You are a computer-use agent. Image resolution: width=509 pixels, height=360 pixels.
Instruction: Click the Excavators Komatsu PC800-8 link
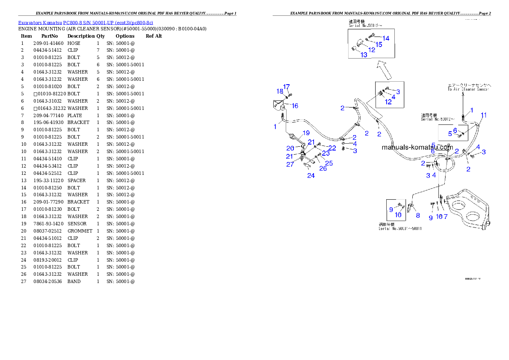[x=86, y=23]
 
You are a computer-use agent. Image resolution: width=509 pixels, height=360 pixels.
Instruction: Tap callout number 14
[x=386, y=38]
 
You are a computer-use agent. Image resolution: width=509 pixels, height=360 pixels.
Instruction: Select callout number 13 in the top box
[x=364, y=55]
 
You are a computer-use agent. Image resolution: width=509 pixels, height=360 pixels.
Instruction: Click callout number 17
[x=286, y=86]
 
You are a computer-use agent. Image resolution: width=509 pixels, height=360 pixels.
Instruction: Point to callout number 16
[x=295, y=106]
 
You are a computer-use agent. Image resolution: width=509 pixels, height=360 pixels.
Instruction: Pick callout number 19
[x=306, y=133]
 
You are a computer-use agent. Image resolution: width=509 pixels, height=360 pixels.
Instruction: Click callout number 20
[x=290, y=148]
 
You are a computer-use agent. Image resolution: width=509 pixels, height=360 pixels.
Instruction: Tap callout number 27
[x=290, y=164]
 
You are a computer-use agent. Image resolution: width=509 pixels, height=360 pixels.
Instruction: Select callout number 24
[x=311, y=175]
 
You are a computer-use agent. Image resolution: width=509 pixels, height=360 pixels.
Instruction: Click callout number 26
[x=323, y=168]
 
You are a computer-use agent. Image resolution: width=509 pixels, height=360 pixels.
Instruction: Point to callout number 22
[x=332, y=148]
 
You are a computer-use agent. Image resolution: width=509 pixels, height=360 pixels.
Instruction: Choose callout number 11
[x=483, y=115]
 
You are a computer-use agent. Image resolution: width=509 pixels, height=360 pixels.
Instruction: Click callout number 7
[x=445, y=217]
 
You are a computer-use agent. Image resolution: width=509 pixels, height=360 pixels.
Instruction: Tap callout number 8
[x=417, y=215]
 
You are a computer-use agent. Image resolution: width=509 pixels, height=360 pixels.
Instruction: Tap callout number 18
[x=280, y=91]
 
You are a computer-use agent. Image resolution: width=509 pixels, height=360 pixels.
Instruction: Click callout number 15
[x=379, y=44]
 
